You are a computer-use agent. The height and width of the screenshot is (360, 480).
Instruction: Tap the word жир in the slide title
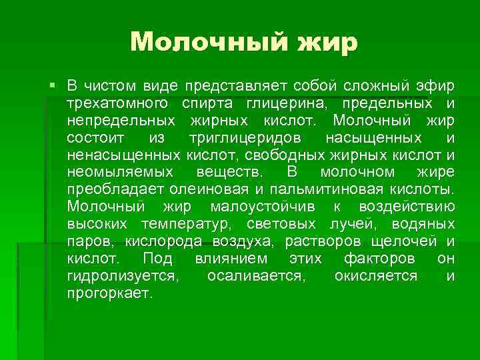click(329, 42)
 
